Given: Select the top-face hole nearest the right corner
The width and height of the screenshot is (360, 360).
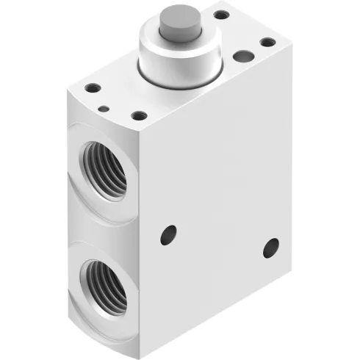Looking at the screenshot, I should click(266, 42).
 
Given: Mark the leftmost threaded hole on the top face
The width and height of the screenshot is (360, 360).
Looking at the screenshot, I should click(93, 89).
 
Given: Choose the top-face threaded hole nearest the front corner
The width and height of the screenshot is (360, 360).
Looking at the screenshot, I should click(137, 115).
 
